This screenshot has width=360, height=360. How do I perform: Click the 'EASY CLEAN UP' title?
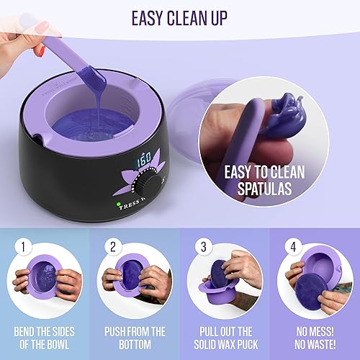pos(180,17)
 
